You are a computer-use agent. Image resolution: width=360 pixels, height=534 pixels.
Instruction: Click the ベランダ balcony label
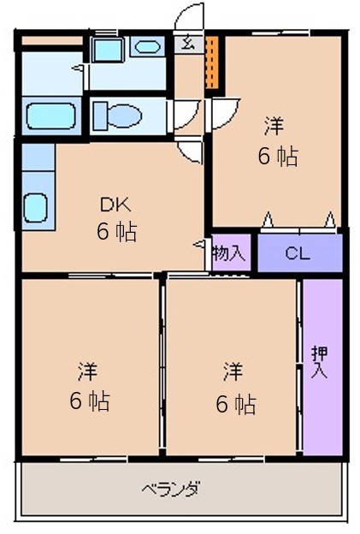[x=171, y=489]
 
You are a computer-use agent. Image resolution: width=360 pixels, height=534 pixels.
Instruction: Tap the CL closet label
[x=298, y=253]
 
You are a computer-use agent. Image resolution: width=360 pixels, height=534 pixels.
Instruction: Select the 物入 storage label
[x=228, y=253]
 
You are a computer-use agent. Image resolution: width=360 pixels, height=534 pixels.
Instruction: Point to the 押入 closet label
[x=319, y=362]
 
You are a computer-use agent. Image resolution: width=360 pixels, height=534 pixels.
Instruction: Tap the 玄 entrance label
[x=187, y=44]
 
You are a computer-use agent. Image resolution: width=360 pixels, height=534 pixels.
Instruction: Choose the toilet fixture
[x=117, y=116]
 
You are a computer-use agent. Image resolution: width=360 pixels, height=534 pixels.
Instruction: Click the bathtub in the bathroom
[x=51, y=116]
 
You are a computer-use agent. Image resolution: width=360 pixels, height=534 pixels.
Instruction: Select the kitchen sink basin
[x=35, y=208]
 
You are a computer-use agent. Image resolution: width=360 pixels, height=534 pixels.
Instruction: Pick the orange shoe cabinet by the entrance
[x=212, y=62]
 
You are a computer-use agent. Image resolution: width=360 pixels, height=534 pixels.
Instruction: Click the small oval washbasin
[x=147, y=47]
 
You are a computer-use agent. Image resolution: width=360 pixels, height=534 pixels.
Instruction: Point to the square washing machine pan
[x=107, y=50]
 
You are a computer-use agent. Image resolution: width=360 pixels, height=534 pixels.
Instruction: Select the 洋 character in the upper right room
[x=274, y=126]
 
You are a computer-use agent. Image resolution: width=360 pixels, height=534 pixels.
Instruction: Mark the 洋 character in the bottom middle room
[x=233, y=371]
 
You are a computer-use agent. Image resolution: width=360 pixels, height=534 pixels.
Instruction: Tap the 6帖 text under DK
[x=116, y=231]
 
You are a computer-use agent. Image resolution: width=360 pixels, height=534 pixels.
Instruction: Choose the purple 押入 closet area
[x=322, y=367]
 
